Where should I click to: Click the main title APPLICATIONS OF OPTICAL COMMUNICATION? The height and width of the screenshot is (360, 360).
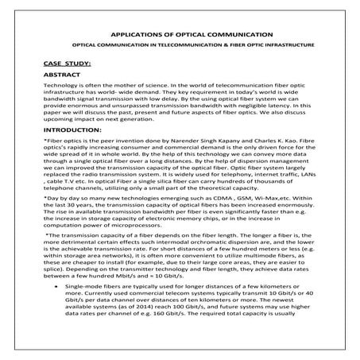(179, 35)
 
